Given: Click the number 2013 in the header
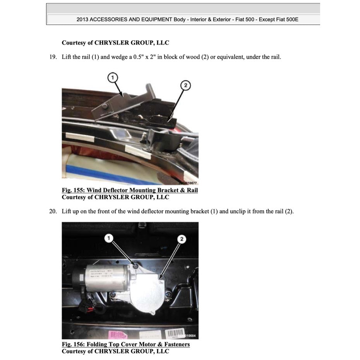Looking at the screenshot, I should [x=82, y=19].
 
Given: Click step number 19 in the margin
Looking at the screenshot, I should [x=53, y=57].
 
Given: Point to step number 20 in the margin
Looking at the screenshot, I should [x=53, y=211].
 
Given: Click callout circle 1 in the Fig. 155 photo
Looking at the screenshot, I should [x=112, y=78].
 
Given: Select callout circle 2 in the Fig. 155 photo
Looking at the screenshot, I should [x=185, y=85].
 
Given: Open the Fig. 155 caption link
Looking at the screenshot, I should [x=130, y=190].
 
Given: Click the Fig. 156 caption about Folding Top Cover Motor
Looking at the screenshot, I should [x=126, y=344].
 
